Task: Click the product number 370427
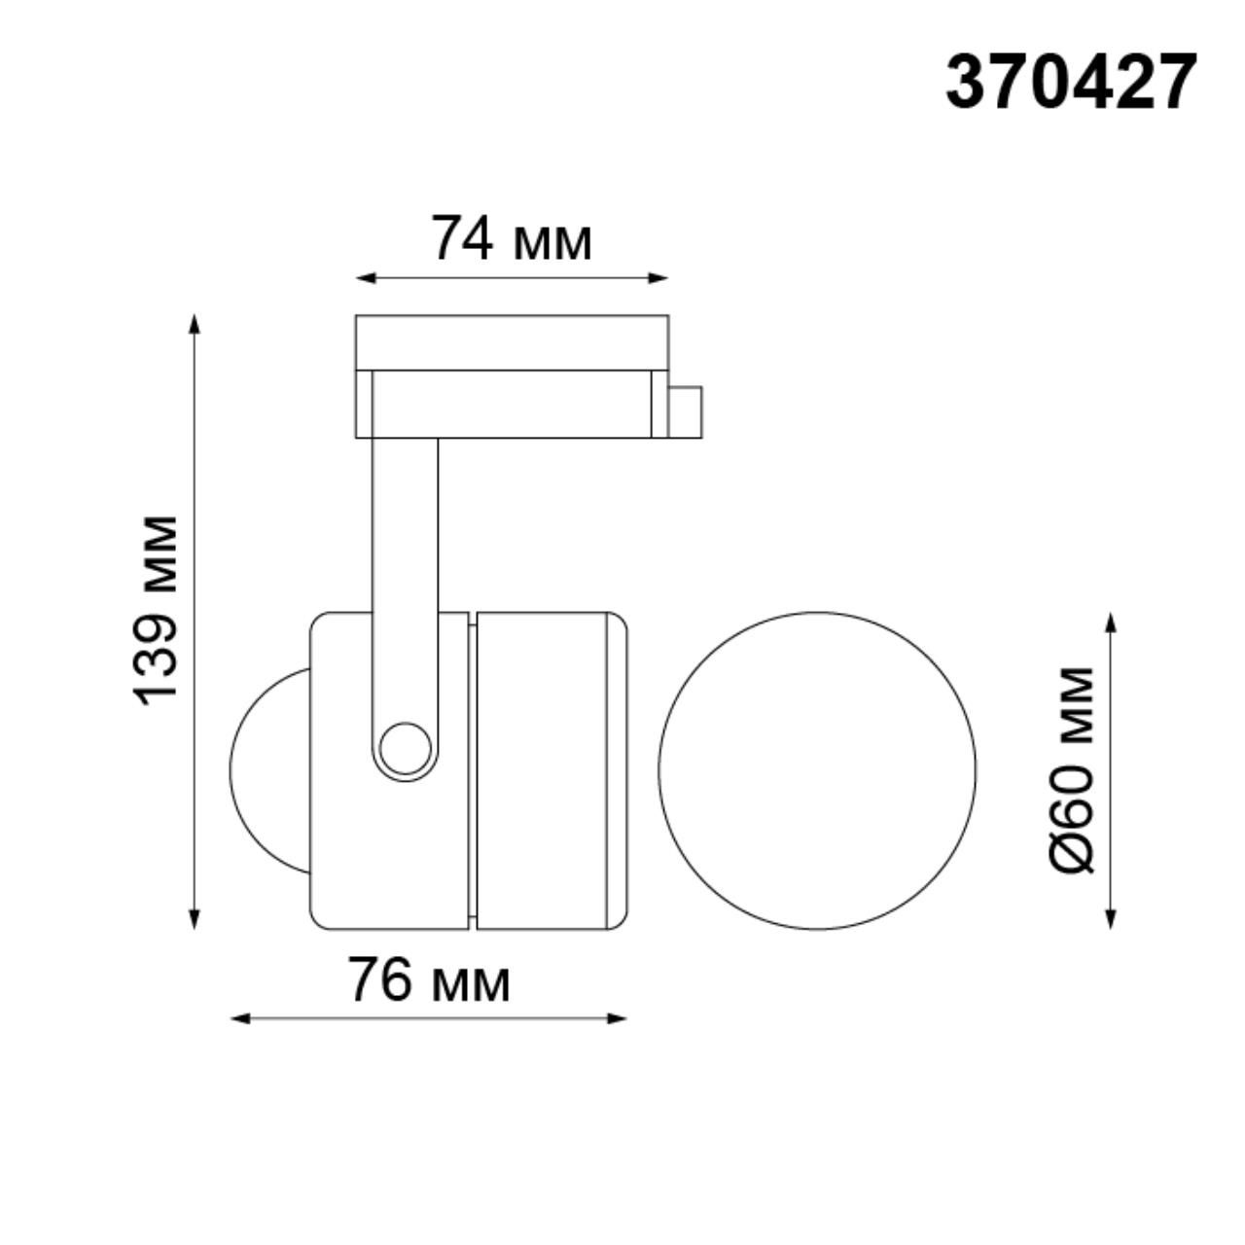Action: coord(1070,82)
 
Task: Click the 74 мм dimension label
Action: coord(512,239)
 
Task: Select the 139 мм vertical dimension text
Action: coord(157,610)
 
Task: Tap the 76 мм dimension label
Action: coord(429,980)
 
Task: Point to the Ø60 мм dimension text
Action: coord(1073,769)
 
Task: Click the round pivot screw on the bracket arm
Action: coord(405,748)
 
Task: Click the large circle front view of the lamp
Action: coord(817,769)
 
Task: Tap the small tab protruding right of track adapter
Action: coord(686,410)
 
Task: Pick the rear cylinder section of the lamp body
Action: coord(545,768)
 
